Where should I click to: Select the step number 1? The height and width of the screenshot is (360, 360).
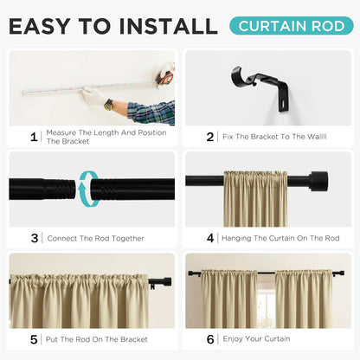coord(35,136)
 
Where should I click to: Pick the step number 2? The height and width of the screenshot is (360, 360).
coord(210,136)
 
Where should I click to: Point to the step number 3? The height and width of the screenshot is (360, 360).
coord(35,238)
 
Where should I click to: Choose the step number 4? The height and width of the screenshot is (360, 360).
coord(210,238)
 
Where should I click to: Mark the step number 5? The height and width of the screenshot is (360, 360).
coord(35,339)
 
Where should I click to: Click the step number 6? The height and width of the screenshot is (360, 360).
coord(210,339)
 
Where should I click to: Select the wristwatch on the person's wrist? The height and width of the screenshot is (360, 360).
coord(109,105)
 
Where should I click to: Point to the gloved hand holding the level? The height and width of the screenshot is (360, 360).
coord(93,97)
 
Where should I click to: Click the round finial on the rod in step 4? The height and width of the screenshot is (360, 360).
coord(319,182)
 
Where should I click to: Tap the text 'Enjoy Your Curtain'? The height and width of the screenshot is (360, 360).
coord(256,339)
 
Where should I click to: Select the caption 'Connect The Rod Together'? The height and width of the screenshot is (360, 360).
coord(95,238)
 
